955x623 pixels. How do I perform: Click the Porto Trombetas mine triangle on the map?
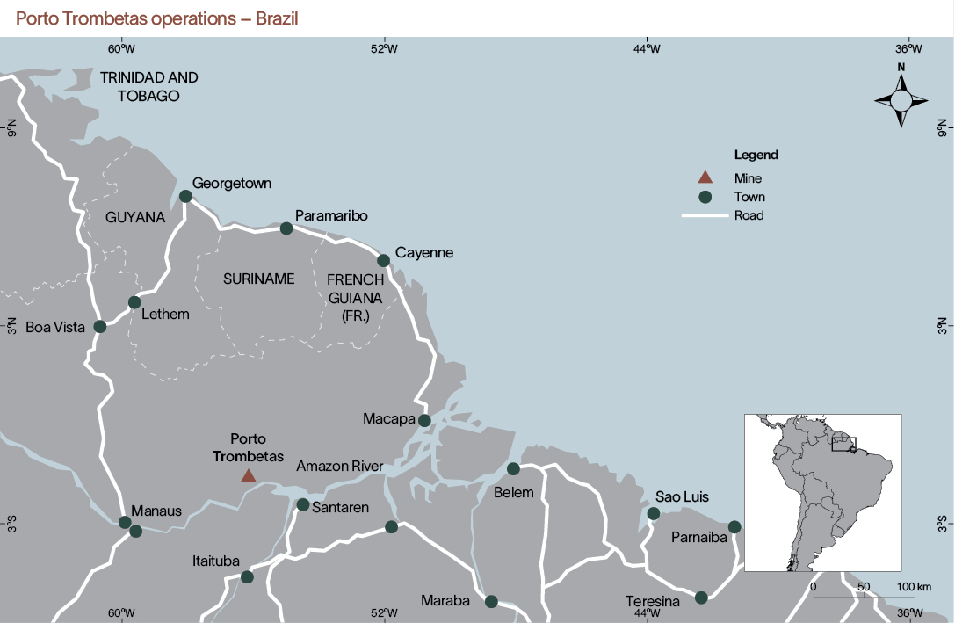click(249, 475)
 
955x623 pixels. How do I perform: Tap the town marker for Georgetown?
click(185, 196)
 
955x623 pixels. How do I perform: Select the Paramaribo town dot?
click(286, 228)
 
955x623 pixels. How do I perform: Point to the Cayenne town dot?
click(383, 260)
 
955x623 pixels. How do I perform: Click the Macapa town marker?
click(424, 420)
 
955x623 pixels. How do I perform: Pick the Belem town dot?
click(514, 468)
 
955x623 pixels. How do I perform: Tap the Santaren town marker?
click(302, 504)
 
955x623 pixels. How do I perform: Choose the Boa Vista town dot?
click(100, 326)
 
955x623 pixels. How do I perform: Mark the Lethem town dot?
click(134, 302)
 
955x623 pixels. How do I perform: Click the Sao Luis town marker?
click(654, 513)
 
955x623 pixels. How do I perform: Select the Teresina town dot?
click(701, 598)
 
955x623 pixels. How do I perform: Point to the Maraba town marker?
click(491, 601)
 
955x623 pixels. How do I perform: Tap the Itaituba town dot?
click(247, 577)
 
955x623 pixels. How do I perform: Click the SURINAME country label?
click(258, 279)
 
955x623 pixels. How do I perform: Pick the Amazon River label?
click(340, 467)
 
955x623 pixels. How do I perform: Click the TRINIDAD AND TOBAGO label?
click(148, 86)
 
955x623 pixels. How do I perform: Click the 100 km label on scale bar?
click(914, 586)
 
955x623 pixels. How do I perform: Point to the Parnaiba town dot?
click(734, 526)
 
